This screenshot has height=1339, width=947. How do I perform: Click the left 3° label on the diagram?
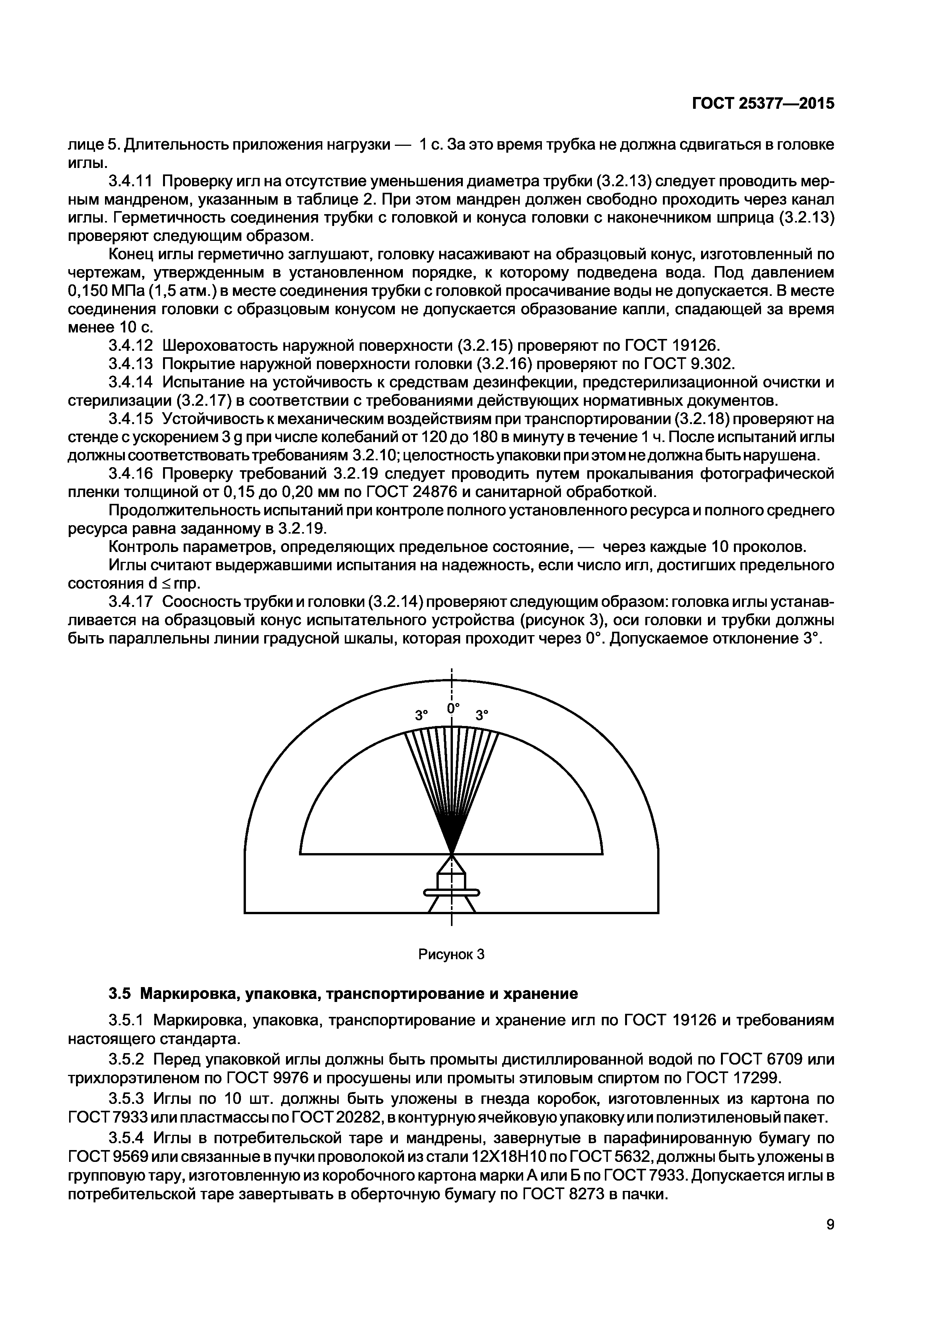click(x=421, y=715)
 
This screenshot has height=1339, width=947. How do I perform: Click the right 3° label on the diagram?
click(x=482, y=715)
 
